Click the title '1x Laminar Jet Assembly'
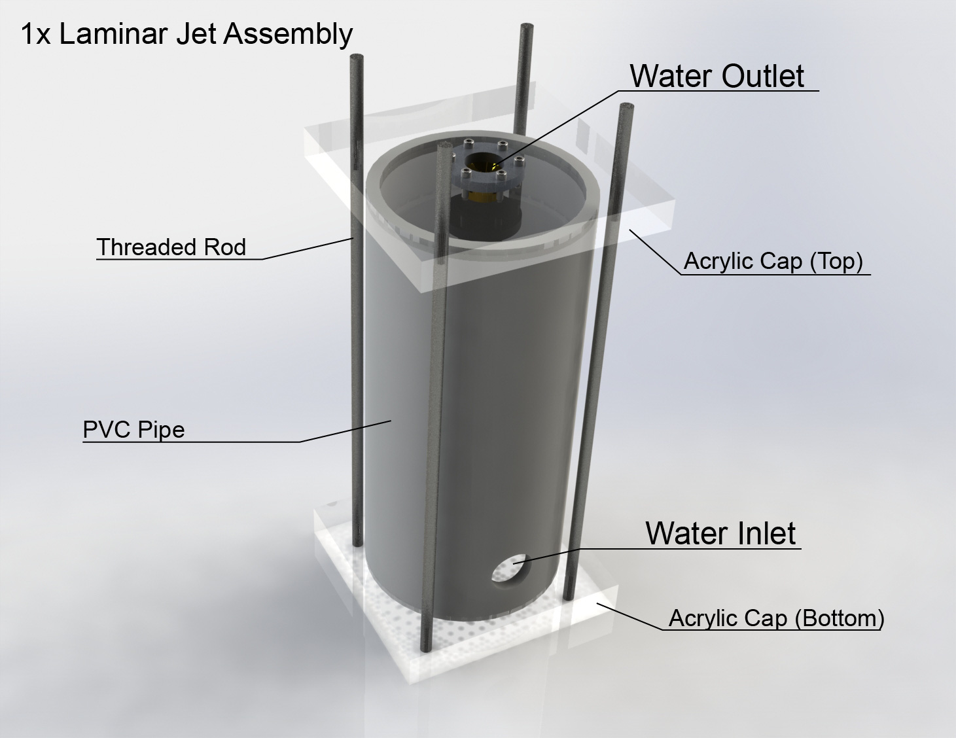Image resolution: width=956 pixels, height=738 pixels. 186,34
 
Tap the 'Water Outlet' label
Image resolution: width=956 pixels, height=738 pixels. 717,76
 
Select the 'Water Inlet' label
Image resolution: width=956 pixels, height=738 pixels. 720,533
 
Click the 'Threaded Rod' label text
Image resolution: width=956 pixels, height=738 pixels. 171,247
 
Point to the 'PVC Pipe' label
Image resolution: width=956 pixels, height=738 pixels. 133,430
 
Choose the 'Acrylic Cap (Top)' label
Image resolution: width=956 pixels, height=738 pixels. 773,261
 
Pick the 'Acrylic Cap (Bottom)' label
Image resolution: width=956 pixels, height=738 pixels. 776,618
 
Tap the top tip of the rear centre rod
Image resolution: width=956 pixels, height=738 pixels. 525,27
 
